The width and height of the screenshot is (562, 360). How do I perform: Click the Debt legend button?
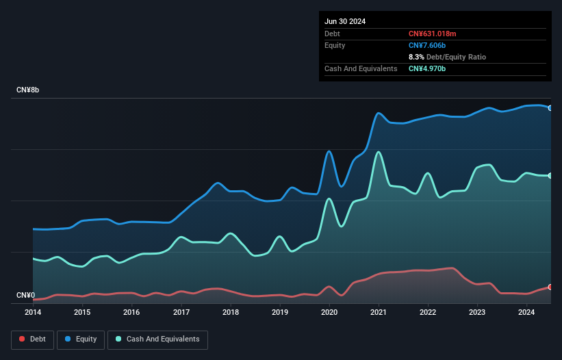tap(32, 339)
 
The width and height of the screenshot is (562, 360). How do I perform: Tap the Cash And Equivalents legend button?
tap(157, 339)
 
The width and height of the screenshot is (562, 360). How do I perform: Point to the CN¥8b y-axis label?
tap(28, 90)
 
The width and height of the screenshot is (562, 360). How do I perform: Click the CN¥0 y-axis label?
tap(25, 296)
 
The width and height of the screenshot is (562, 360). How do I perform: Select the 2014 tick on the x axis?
tap(33, 313)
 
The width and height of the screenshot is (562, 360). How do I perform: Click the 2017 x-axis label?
tap(181, 313)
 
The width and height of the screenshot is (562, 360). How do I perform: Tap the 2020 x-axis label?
tap(329, 313)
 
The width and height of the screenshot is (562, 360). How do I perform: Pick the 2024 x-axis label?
tap(527, 313)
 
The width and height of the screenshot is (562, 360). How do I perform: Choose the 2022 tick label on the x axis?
tap(428, 313)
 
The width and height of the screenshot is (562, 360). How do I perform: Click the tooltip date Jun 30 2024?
tap(345, 21)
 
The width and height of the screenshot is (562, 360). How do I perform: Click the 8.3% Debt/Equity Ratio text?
tap(447, 57)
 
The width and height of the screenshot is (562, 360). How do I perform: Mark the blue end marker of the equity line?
tap(550, 107)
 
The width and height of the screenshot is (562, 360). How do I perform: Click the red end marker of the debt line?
tap(550, 287)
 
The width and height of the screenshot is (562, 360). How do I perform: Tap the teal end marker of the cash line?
tap(550, 176)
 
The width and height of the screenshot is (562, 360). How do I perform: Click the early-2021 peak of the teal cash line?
tap(378, 152)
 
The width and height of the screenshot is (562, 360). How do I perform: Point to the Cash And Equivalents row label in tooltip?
tap(361, 68)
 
